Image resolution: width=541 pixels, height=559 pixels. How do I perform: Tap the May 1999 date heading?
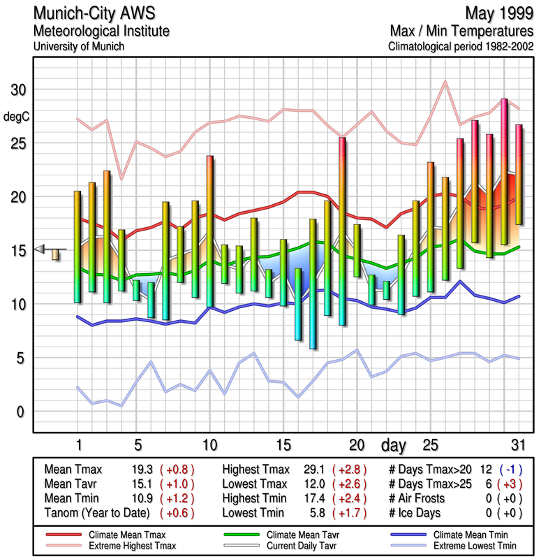click(x=500, y=14)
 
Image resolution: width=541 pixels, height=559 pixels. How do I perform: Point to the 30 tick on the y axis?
click(x=17, y=89)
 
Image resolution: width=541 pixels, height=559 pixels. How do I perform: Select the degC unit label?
click(x=17, y=116)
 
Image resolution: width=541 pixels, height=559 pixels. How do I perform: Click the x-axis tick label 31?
click(x=517, y=445)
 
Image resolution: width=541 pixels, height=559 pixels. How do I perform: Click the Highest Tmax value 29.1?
click(x=310, y=470)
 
